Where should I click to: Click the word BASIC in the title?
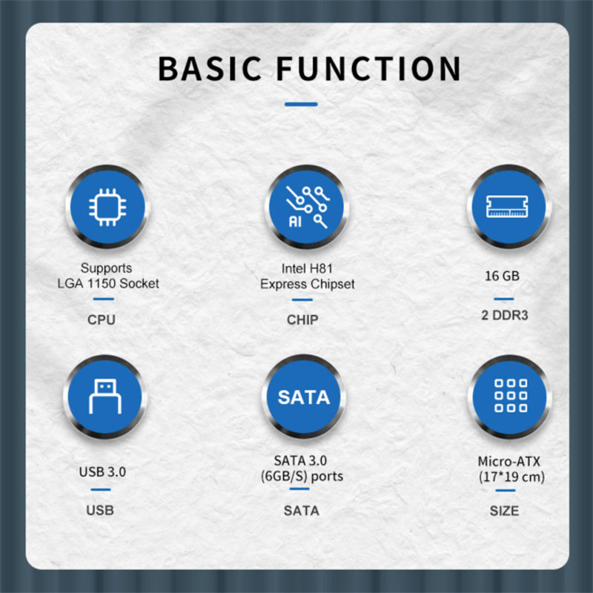click(x=210, y=68)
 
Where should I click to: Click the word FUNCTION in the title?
click(x=368, y=68)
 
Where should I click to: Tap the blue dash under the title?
click(x=301, y=104)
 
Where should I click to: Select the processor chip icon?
click(x=107, y=208)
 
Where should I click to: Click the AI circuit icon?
click(x=307, y=208)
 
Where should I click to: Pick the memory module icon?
click(x=507, y=207)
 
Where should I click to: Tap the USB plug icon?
click(x=105, y=397)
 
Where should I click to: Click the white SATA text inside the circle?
click(x=304, y=397)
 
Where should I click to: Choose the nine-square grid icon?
click(x=511, y=396)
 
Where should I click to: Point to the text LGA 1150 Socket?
click(x=108, y=283)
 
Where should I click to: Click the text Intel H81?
click(x=307, y=268)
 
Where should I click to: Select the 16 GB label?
click(x=503, y=276)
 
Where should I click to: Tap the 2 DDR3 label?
click(x=505, y=315)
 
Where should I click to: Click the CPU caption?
click(x=102, y=320)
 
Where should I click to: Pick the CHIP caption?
click(x=302, y=320)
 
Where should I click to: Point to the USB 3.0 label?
click(x=102, y=472)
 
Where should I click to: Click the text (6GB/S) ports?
click(x=302, y=476)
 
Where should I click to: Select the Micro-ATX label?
click(x=509, y=461)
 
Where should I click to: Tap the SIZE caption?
click(x=505, y=511)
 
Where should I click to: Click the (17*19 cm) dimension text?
click(x=511, y=477)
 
